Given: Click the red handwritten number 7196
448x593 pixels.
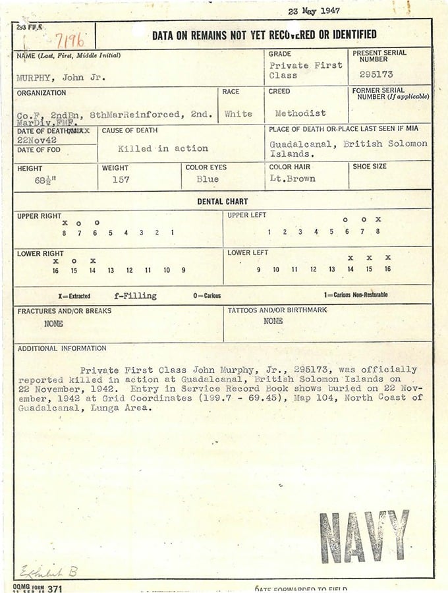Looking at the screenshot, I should [x=69, y=41].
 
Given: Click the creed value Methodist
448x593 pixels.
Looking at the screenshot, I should [x=300, y=113].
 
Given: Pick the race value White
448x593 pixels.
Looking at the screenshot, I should [x=238, y=113].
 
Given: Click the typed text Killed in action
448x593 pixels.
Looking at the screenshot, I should [x=163, y=148].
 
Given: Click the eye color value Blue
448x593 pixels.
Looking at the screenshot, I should [x=208, y=179].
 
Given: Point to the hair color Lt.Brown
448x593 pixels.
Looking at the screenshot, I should [x=293, y=179].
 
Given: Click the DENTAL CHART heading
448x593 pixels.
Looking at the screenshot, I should [x=223, y=202].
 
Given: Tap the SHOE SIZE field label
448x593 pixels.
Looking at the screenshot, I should [x=370, y=167].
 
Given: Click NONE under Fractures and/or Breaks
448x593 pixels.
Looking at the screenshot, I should [x=53, y=324].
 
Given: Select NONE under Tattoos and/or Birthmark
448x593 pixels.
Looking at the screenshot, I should [x=273, y=321].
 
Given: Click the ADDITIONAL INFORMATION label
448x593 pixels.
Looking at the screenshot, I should [x=61, y=349].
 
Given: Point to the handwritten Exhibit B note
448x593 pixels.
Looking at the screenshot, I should [x=48, y=571].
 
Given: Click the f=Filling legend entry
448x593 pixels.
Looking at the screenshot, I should [x=135, y=296].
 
